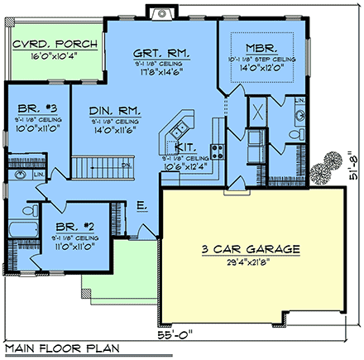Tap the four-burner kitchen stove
[219, 151]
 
